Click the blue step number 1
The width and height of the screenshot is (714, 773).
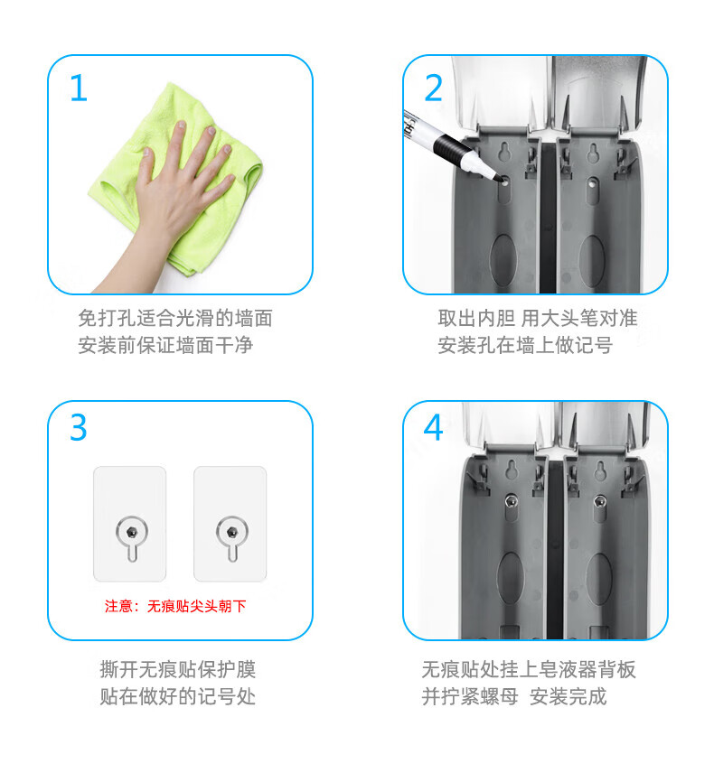(79, 88)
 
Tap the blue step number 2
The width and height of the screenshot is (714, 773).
(433, 88)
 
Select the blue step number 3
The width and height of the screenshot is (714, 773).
(79, 427)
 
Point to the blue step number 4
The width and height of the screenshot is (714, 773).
(433, 427)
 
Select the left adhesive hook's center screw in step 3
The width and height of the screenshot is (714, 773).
(131, 532)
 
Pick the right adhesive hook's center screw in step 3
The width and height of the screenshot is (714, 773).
(231, 532)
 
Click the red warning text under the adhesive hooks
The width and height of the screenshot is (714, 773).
(175, 606)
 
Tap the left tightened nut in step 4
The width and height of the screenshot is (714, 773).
(512, 502)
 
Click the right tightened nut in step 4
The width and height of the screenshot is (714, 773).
(599, 502)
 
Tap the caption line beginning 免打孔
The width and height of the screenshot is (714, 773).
(175, 318)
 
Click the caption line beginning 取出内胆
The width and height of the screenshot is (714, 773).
(538, 318)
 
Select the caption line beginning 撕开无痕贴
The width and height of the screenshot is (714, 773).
(178, 669)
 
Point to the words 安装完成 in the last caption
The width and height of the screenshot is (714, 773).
(568, 696)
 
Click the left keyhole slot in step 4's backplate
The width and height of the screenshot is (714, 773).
(512, 470)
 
